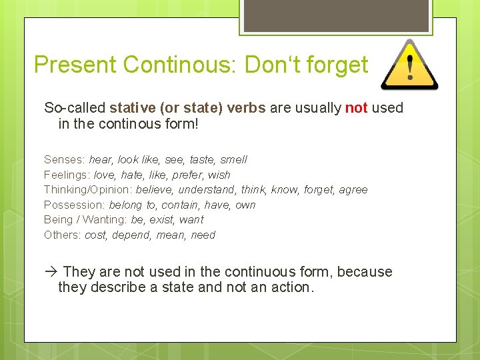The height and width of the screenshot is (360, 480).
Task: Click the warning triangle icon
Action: pos(409,65)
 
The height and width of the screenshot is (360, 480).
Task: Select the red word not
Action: pos(357,108)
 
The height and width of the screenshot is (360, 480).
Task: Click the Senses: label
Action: pos(65,159)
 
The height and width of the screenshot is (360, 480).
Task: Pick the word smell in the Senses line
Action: pos(233,159)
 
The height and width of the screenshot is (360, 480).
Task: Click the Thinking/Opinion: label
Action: pos(88,189)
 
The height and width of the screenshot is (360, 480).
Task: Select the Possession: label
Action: pos(74,205)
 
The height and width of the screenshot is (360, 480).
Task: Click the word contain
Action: pos(179,205)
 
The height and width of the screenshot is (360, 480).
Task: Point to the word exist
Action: pos(160,219)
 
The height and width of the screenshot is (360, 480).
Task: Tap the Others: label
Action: pos(62,235)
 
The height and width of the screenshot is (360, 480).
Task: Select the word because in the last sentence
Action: pos(365,272)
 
